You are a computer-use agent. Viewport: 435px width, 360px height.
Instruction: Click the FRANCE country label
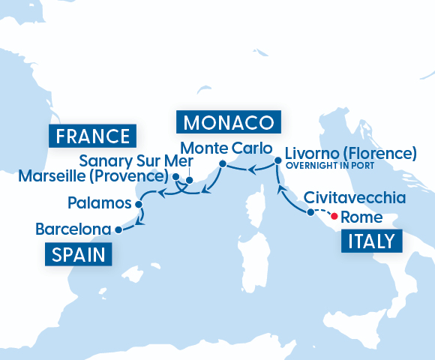click(92, 136)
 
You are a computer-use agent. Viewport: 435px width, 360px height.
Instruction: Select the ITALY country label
click(371, 242)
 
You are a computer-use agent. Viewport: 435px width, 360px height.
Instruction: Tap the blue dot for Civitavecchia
click(310, 213)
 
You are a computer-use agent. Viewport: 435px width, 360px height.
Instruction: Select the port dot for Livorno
click(277, 160)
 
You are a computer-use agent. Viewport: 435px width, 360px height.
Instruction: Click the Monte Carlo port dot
click(222, 163)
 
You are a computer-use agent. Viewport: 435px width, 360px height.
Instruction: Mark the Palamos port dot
click(139, 203)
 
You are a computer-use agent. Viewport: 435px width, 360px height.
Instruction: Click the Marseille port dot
click(175, 178)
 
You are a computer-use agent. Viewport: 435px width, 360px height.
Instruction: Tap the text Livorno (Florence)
click(349, 153)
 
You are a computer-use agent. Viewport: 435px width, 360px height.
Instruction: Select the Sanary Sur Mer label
click(136, 161)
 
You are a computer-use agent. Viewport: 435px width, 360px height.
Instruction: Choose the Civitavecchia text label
click(355, 199)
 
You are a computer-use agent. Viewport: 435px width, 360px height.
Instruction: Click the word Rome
click(361, 218)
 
